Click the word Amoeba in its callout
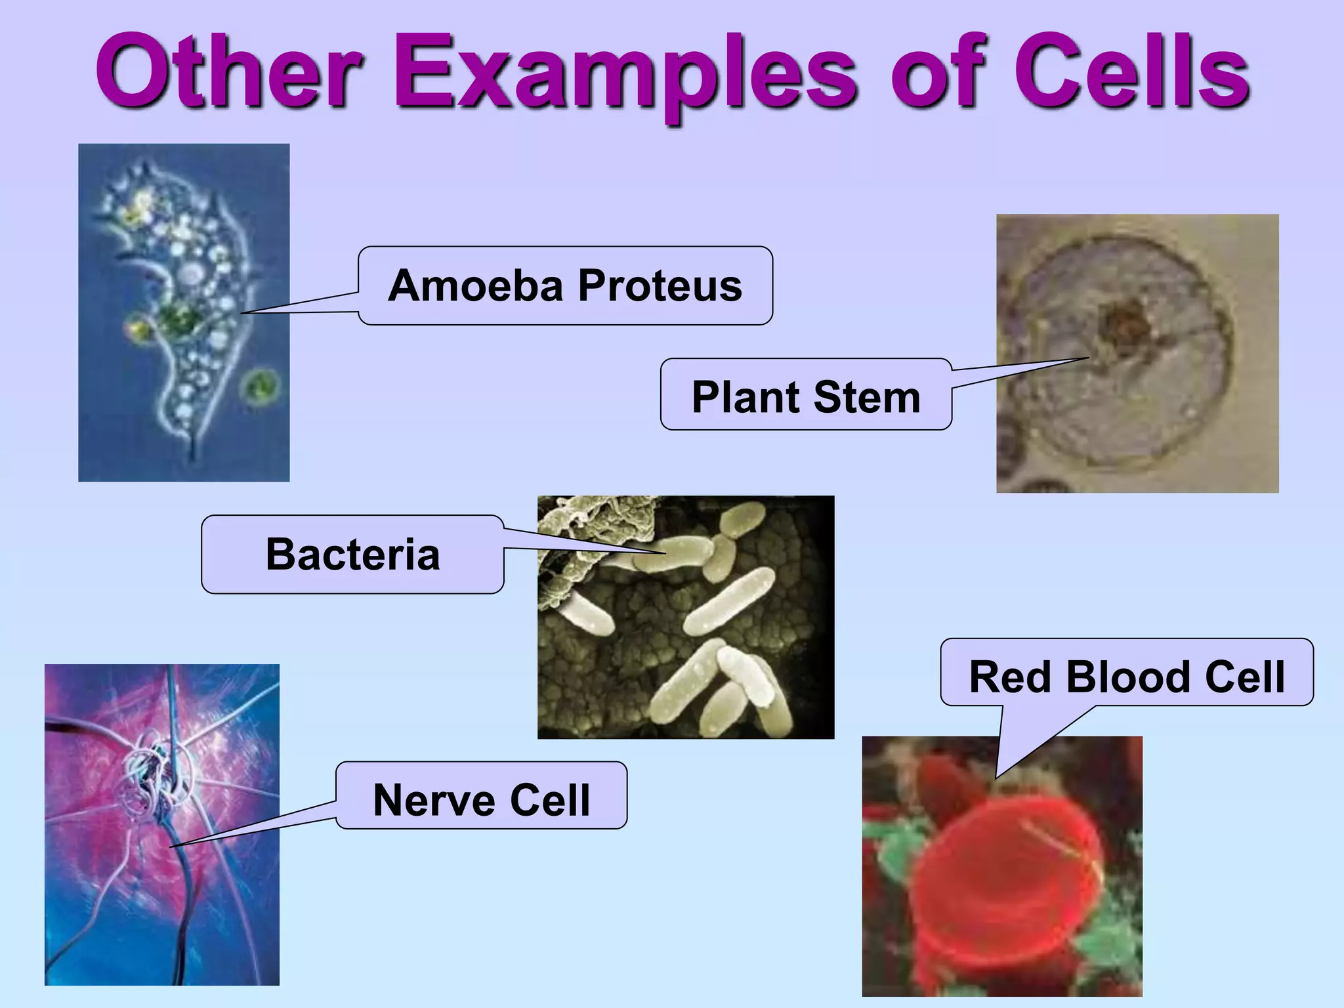[x=476, y=286]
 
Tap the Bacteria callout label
[x=352, y=555]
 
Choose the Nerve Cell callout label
[x=481, y=800]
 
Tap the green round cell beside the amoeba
[x=259, y=386]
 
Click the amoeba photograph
[x=184, y=312]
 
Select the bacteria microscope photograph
[x=686, y=617]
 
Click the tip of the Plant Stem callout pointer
[x=1088, y=358]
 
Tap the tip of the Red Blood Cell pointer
[x=996, y=778]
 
